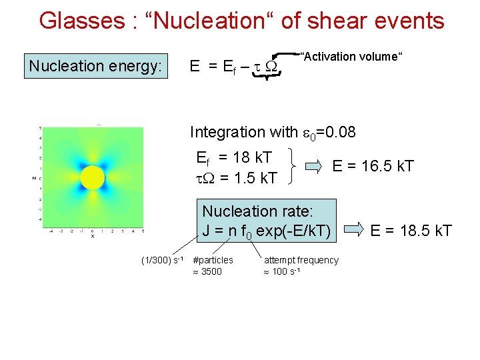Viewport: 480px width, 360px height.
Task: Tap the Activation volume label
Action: (351, 57)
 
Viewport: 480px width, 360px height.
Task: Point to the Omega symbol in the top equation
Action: (271, 67)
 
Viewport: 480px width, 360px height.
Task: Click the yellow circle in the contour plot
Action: (93, 178)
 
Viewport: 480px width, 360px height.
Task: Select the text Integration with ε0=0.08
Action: (273, 132)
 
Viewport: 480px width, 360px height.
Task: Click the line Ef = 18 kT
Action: (234, 157)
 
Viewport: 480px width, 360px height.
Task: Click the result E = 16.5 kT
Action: (373, 166)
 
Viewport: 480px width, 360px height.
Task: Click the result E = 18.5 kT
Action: (411, 231)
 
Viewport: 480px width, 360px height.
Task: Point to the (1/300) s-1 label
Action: (162, 259)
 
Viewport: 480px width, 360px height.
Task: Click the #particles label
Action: (213, 259)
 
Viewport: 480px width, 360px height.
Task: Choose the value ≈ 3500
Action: (207, 271)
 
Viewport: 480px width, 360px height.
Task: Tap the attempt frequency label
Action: (301, 259)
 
